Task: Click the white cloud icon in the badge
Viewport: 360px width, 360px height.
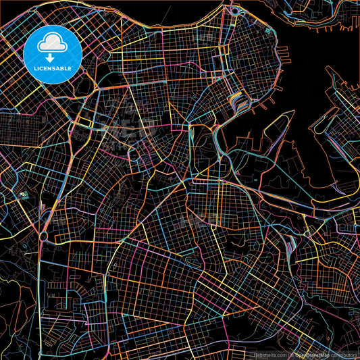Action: point(53,43)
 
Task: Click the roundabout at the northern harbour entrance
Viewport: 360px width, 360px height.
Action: point(234,11)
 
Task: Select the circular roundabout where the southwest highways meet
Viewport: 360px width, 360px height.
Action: point(43,236)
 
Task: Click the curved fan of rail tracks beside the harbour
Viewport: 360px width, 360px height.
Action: point(238,101)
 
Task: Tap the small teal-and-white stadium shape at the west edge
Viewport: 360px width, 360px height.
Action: point(24,196)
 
